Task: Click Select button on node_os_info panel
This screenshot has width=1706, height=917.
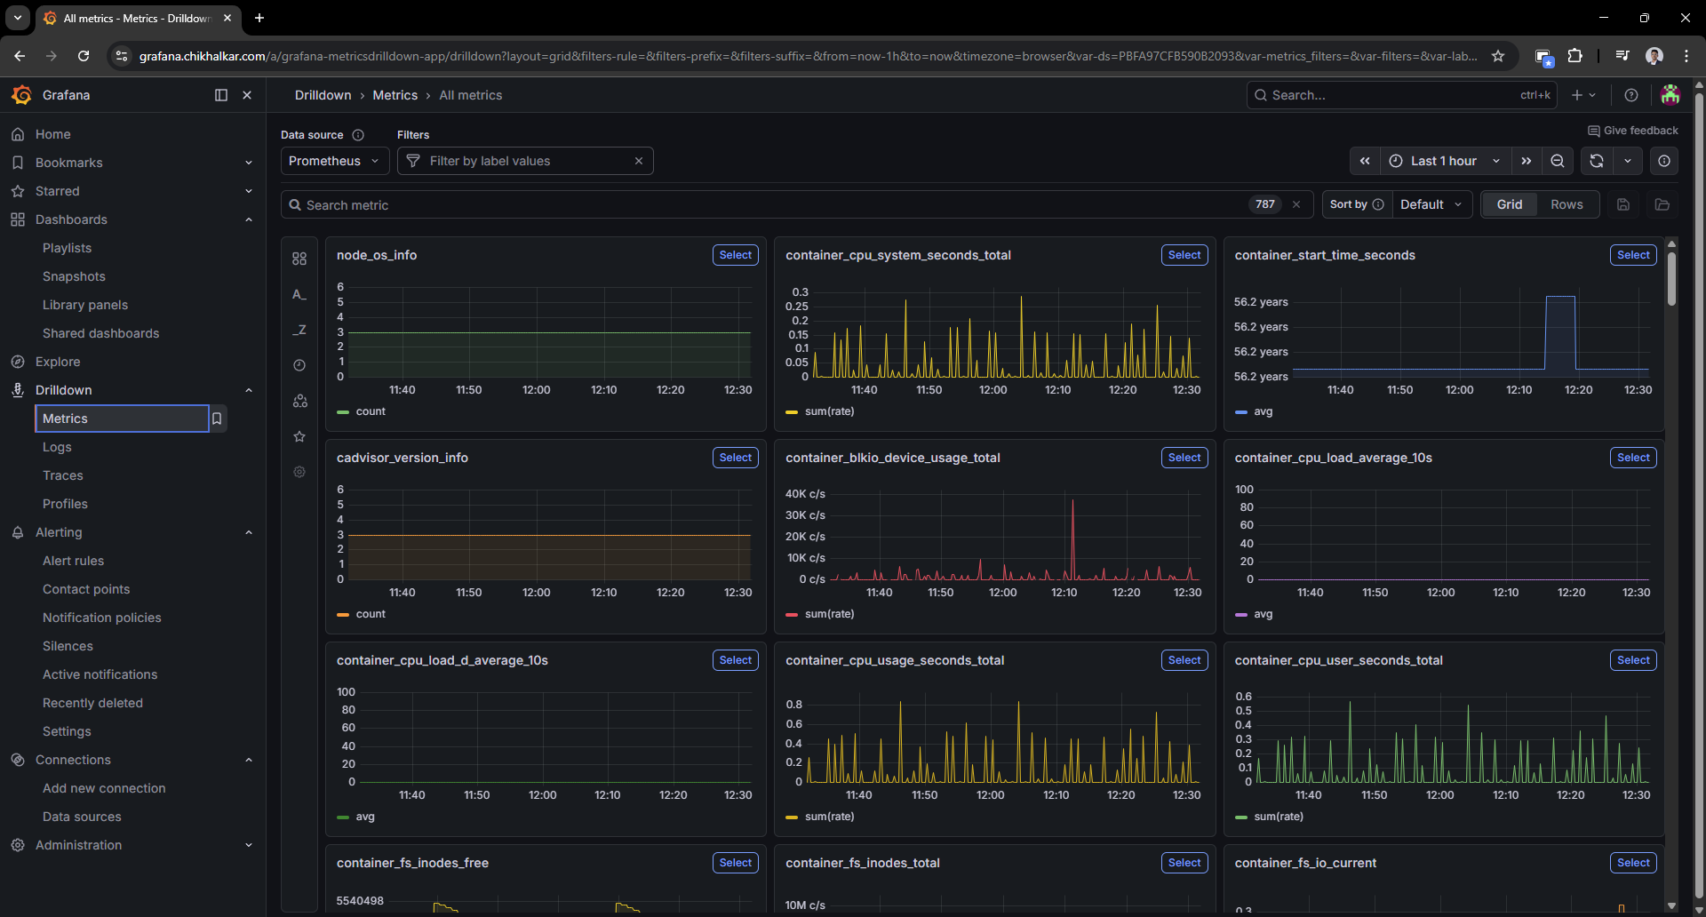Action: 735,255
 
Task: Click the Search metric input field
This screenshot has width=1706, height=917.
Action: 764,205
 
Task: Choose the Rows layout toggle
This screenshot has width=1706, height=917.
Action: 1566,204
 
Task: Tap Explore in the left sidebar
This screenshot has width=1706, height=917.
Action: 58,362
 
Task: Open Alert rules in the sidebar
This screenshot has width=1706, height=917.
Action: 73,561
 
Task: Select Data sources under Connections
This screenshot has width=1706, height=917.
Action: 82,817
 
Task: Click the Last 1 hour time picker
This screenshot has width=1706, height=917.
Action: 1444,161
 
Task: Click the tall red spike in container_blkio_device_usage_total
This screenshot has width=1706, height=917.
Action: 1072,533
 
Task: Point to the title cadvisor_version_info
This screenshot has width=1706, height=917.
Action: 403,458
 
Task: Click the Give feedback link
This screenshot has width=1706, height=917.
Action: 1633,131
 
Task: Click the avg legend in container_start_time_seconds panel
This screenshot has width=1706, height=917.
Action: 1263,411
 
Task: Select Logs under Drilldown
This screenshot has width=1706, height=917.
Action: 57,447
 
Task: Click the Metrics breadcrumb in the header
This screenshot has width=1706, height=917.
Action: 395,95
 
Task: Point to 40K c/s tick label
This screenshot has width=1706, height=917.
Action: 805,494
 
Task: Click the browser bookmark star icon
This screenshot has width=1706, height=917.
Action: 1498,56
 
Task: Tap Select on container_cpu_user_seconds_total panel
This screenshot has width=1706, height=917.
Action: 1632,660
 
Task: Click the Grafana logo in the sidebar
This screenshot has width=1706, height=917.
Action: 21,95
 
